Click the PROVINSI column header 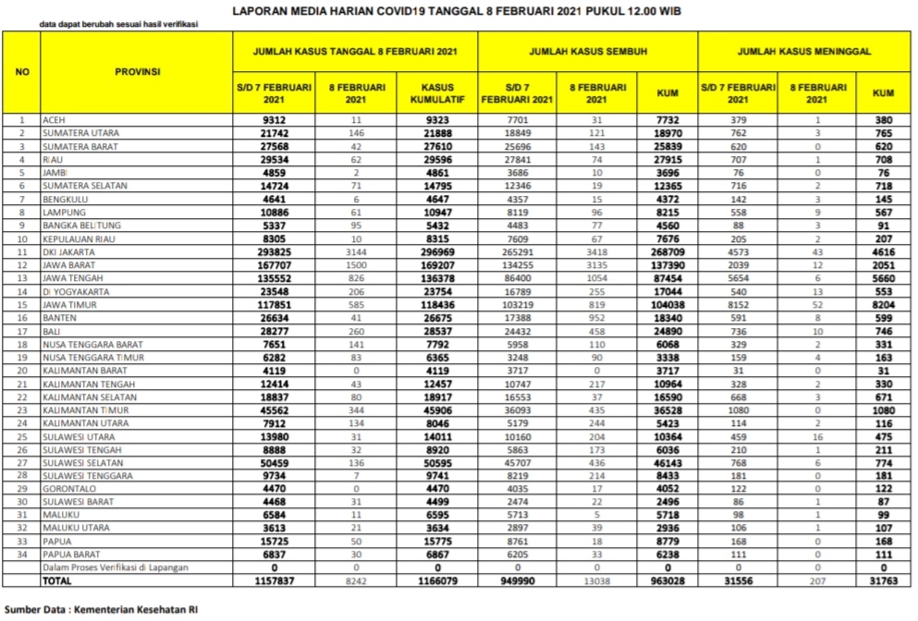138,71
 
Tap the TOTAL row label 57,580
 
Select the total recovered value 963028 667,580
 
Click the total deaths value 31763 883,580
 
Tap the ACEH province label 54,120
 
